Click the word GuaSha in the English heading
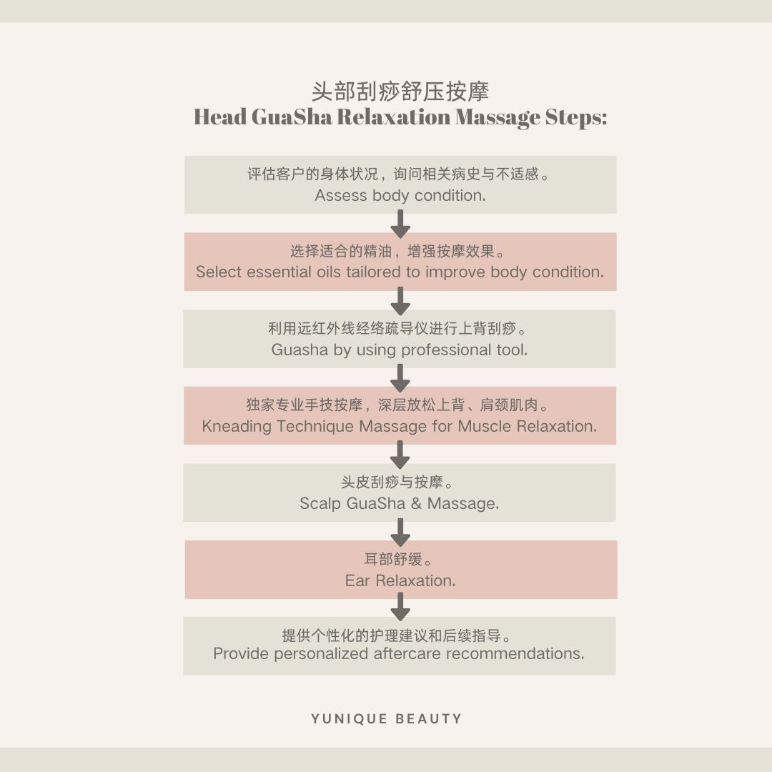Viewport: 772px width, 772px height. click(292, 117)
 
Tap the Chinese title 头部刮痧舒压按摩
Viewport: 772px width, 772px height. click(400, 91)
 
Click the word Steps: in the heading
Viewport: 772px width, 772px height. click(575, 117)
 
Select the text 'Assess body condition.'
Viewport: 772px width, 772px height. click(400, 196)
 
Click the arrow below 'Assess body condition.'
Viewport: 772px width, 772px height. click(400, 224)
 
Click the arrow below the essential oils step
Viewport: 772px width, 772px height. click(400, 301)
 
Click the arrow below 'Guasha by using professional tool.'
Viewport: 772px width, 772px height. click(400, 378)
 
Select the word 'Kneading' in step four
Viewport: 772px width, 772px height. click(237, 427)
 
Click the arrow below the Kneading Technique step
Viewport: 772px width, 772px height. click(400, 455)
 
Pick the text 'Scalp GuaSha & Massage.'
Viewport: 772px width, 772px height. click(400, 504)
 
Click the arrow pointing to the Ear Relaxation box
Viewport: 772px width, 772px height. click(400, 532)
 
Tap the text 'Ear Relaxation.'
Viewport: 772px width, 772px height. click(400, 581)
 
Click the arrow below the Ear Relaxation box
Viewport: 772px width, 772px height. click(400, 608)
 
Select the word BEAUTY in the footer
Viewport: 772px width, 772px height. click(430, 719)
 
